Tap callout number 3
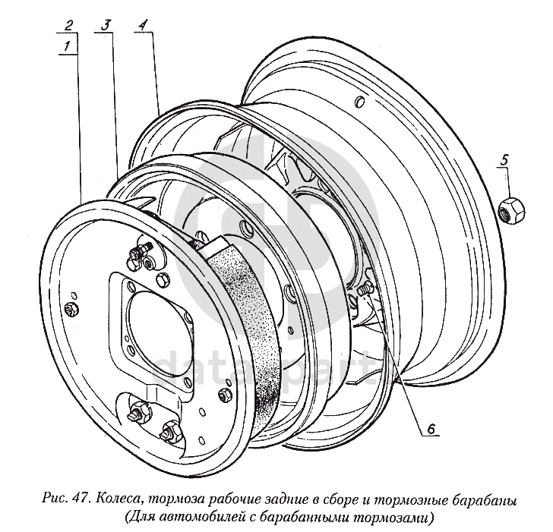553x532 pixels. pyautogui.click(x=105, y=25)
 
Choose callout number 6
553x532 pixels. pyautogui.click(x=430, y=430)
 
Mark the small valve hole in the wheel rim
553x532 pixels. pyautogui.click(x=360, y=102)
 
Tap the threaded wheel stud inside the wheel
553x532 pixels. pyautogui.click(x=363, y=289)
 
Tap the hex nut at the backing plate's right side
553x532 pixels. pyautogui.click(x=224, y=395)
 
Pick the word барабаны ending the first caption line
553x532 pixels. pyautogui.click(x=482, y=500)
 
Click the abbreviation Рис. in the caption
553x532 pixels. pyautogui.click(x=55, y=500)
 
